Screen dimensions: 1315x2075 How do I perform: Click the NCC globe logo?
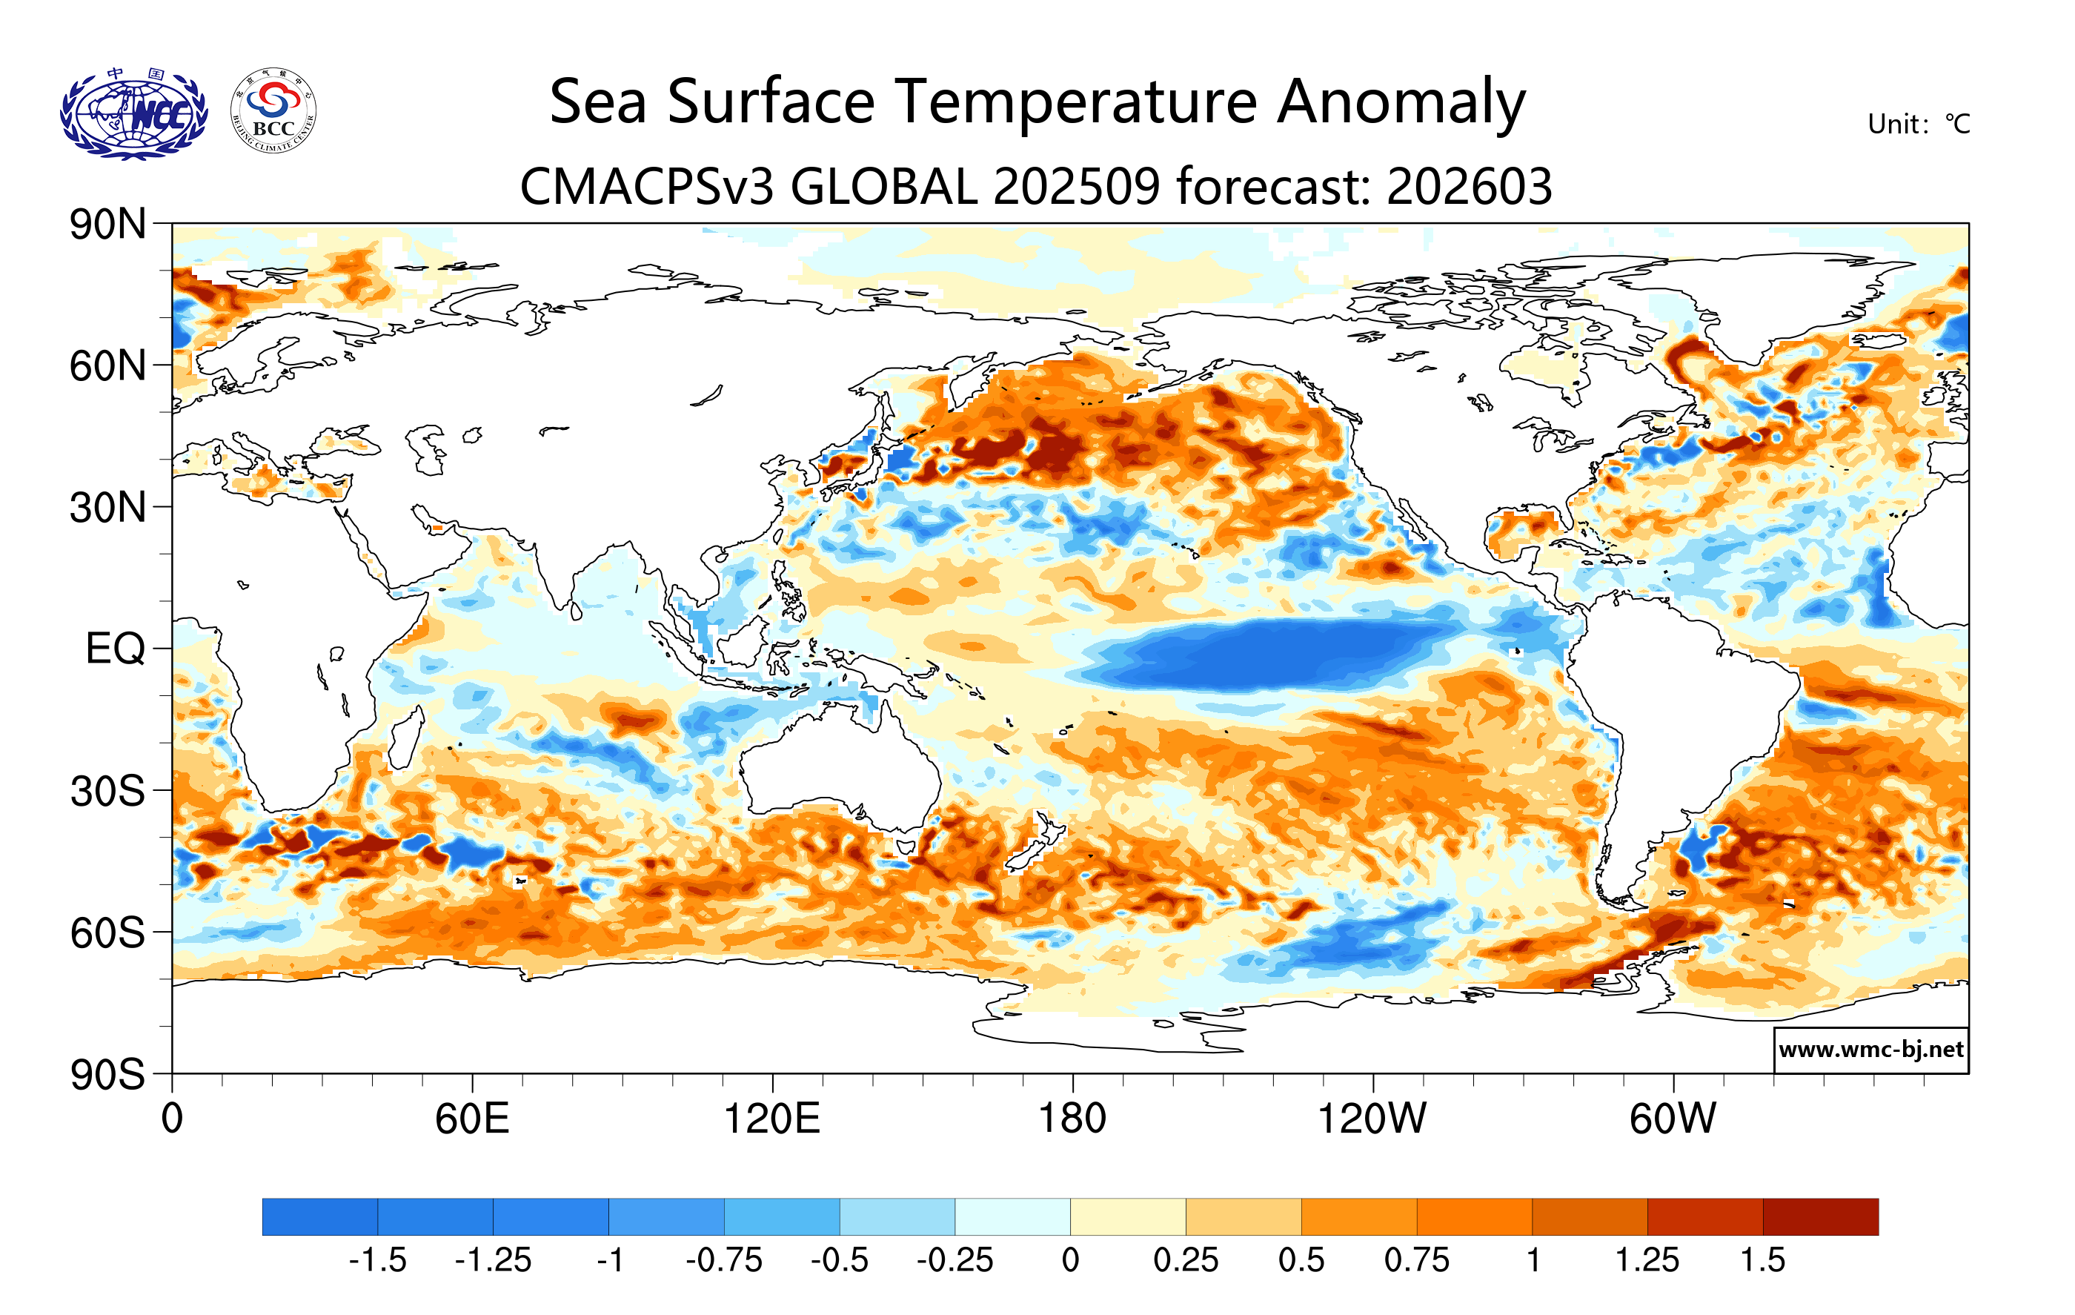tap(133, 113)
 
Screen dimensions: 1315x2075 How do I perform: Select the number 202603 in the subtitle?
tap(1470, 186)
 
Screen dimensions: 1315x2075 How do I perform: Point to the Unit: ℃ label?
tap(1918, 124)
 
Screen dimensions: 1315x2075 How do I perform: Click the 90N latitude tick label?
tap(107, 225)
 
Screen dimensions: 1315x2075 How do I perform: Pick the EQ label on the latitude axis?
tap(116, 649)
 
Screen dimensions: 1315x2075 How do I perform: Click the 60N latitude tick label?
tap(107, 366)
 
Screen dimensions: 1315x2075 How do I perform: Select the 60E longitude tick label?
tap(472, 1119)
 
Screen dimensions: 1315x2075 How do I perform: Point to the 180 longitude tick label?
tap(1072, 1119)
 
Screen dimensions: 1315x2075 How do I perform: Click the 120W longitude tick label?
tap(1372, 1119)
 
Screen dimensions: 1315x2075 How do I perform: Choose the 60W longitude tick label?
tap(1673, 1119)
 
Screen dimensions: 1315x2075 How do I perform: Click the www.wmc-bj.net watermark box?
tap(1870, 1050)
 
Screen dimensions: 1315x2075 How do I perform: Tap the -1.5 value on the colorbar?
tap(377, 1261)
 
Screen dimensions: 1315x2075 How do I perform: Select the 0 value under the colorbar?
tap(1070, 1261)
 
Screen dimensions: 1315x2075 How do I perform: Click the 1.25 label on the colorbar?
tap(1647, 1261)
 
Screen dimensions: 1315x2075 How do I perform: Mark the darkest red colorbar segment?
tap(1820, 1216)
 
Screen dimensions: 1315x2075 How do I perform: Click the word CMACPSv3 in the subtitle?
tap(647, 186)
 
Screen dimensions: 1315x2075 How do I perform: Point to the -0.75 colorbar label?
tap(724, 1261)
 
